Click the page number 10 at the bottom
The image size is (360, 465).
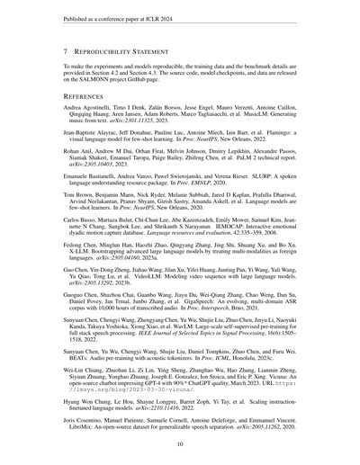(180, 443)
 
